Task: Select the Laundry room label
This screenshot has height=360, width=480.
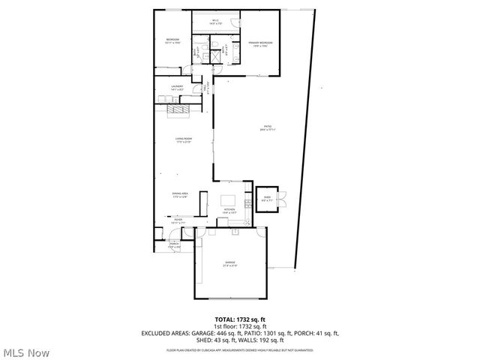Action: pyautogui.click(x=178, y=88)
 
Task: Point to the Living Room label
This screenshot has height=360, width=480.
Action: pyautogui.click(x=184, y=140)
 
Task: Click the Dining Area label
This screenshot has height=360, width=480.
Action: pyautogui.click(x=180, y=195)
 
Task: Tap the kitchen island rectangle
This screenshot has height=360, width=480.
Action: pyautogui.click(x=229, y=200)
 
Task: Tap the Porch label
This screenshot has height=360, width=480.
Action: pyautogui.click(x=174, y=244)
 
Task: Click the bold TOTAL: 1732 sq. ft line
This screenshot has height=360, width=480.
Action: pyautogui.click(x=240, y=319)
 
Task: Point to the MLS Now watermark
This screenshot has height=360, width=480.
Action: pyautogui.click(x=25, y=352)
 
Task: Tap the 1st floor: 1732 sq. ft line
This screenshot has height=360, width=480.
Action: pyautogui.click(x=240, y=326)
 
